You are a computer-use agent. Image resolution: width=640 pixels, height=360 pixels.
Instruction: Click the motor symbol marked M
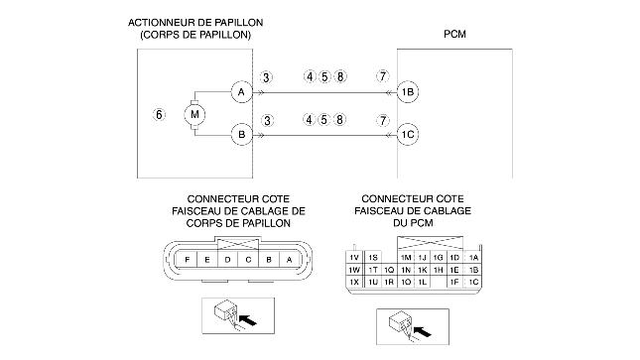tap(194, 114)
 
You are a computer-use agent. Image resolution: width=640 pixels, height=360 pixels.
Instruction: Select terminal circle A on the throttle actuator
tap(242, 92)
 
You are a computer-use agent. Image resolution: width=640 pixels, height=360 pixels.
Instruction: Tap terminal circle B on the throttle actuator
tap(242, 134)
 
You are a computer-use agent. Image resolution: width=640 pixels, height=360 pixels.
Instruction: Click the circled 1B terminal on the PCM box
tap(408, 92)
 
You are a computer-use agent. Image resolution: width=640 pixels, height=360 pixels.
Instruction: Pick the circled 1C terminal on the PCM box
tap(408, 134)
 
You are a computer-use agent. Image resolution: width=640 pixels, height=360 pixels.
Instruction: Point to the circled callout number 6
tap(159, 114)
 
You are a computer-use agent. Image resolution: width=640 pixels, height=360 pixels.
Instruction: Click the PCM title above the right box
tap(454, 35)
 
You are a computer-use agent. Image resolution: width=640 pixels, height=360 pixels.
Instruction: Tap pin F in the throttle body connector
tap(187, 259)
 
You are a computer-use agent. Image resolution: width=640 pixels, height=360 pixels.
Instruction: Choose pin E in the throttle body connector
tap(207, 259)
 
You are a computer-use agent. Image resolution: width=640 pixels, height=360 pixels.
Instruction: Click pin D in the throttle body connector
tap(228, 259)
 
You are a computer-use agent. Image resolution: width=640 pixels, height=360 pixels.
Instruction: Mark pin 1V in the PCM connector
tap(354, 258)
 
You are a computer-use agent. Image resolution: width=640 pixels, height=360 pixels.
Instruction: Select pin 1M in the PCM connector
tap(406, 258)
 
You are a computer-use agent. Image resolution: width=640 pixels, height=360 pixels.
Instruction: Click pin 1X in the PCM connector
tap(354, 282)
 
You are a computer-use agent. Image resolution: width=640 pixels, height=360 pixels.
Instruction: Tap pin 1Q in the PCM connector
tap(389, 270)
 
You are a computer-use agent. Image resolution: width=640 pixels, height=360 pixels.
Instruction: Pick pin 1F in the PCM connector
tap(454, 282)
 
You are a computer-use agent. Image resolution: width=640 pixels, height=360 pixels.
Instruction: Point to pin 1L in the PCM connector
tap(422, 282)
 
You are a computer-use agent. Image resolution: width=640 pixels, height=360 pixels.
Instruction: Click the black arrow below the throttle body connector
tap(248, 319)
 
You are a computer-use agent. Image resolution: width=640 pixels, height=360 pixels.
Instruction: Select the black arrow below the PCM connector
tap(422, 331)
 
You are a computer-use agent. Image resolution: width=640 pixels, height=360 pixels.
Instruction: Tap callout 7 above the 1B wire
tap(382, 76)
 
